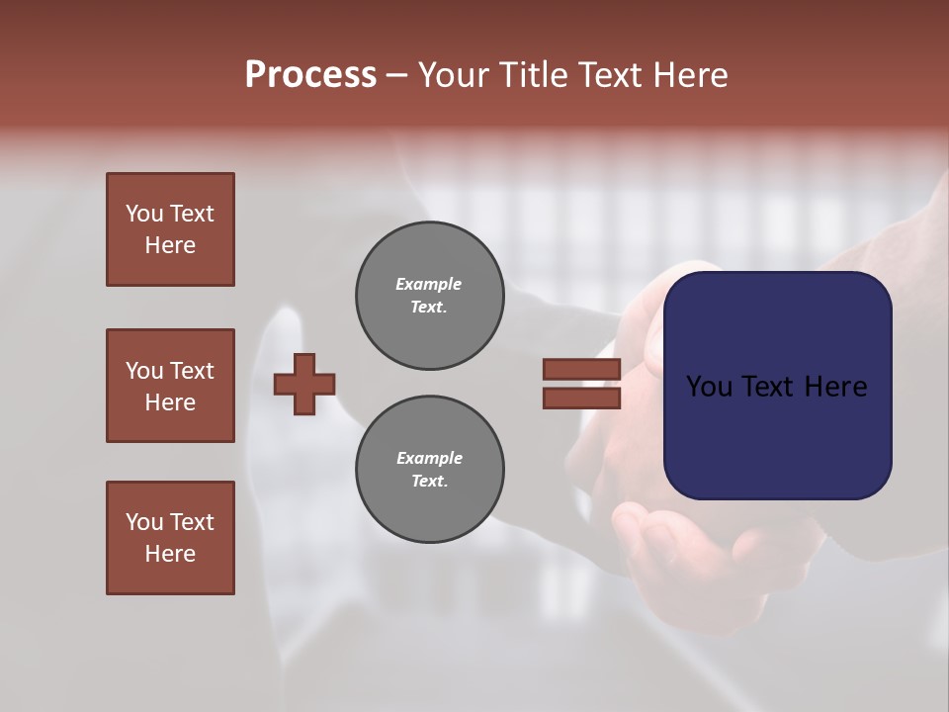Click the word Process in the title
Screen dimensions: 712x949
[310, 75]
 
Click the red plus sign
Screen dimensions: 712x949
[304, 384]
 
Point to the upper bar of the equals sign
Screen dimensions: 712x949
[582, 369]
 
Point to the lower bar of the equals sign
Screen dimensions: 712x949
[582, 399]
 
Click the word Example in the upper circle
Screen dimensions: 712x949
[429, 284]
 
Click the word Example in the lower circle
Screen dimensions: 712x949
[429, 458]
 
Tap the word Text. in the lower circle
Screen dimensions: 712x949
[429, 481]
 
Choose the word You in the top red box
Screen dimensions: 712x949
[144, 214]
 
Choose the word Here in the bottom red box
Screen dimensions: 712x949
[170, 554]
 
